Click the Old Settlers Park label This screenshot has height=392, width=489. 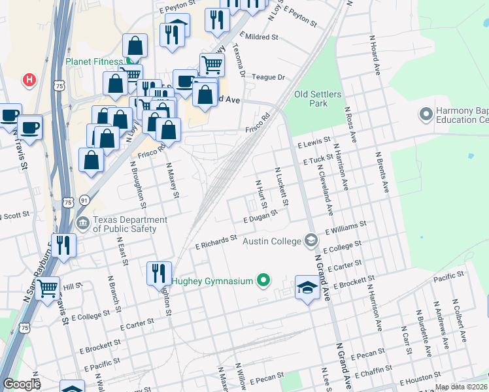point(318,99)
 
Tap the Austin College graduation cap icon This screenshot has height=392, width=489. point(311,240)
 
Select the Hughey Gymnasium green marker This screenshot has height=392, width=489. point(263,281)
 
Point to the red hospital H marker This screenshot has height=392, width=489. point(29,80)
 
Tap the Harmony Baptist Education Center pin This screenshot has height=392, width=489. point(426,114)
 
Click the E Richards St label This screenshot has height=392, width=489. point(216,243)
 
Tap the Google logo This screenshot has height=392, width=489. point(21,384)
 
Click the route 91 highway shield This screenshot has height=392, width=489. point(84,199)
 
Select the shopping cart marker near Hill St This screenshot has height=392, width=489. point(48,287)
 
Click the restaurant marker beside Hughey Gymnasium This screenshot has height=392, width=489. point(159,273)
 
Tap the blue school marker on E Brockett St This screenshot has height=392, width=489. point(307,287)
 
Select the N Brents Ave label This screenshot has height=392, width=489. point(381,172)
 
